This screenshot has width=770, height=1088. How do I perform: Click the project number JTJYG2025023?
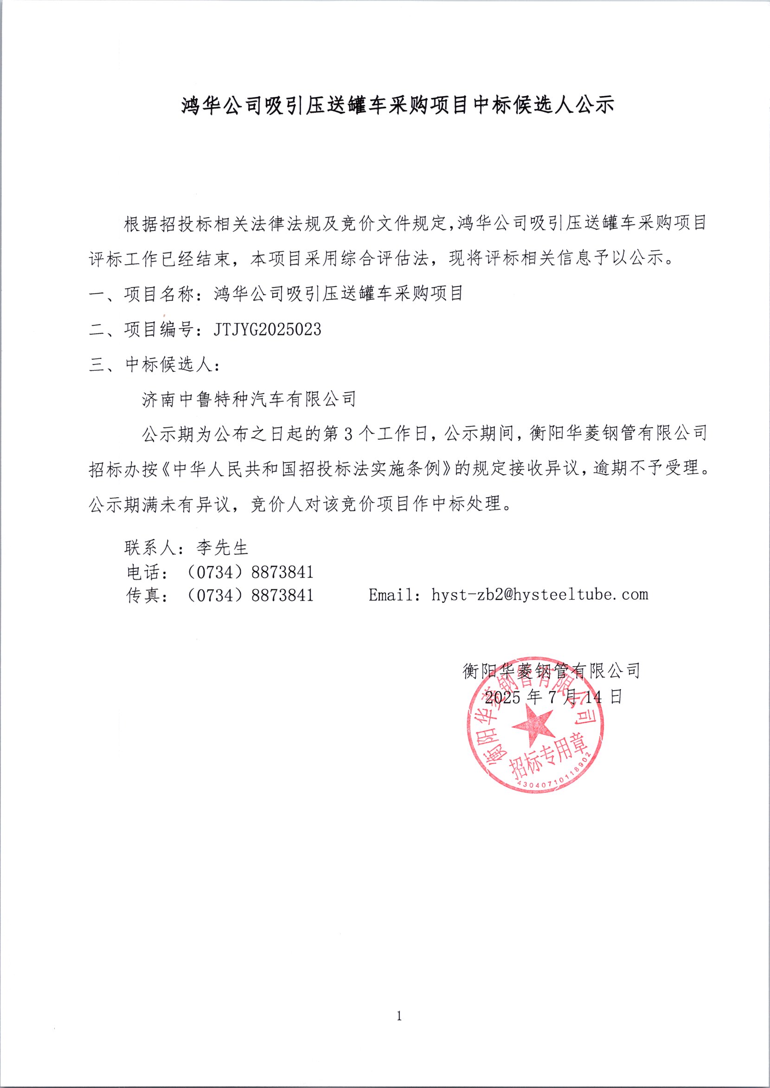point(267,329)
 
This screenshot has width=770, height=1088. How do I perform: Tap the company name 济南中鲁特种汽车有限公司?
point(249,400)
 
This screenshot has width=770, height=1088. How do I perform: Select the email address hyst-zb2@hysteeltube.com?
point(539,595)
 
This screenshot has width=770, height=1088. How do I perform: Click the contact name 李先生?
point(222,548)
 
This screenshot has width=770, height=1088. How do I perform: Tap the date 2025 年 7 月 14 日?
point(553,697)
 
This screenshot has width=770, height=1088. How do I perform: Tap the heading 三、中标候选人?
point(153,364)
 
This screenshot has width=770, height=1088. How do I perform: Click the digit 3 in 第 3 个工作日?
point(348,434)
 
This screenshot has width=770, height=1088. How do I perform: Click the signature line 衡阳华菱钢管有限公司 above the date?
point(551,670)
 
